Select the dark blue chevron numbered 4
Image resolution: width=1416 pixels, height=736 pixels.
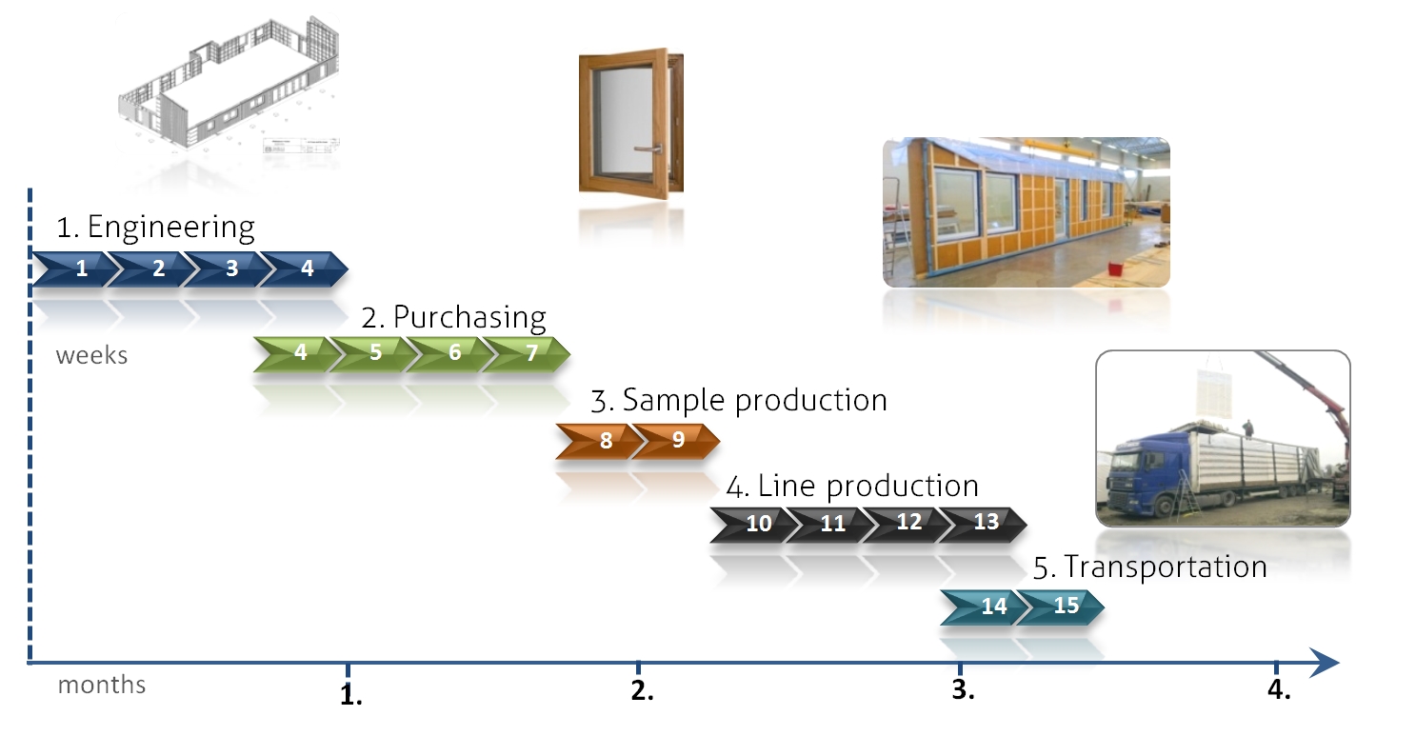pos(305,269)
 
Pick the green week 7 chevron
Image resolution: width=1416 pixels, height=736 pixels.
pos(529,352)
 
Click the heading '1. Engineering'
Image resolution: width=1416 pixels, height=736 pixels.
pos(156,229)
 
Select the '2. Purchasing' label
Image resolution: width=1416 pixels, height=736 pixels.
pos(454,316)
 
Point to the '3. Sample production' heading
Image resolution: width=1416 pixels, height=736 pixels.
pos(738,400)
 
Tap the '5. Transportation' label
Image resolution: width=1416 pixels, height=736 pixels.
pos(1149,567)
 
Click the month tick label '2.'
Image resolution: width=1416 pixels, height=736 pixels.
pos(642,692)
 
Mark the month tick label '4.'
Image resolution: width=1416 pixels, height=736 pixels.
pos(1279,692)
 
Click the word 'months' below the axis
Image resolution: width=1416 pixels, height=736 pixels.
pos(102,685)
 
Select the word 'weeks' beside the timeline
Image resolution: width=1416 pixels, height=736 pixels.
pos(91,356)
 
